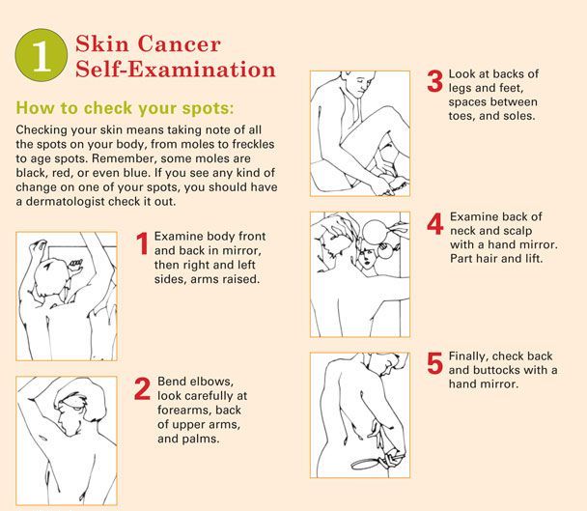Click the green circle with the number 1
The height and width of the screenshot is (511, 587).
[39, 57]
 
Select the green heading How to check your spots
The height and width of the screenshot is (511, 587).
[125, 106]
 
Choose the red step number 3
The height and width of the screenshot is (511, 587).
[434, 81]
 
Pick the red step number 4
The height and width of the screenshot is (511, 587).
[434, 224]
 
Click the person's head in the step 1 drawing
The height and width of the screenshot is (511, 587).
[51, 282]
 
